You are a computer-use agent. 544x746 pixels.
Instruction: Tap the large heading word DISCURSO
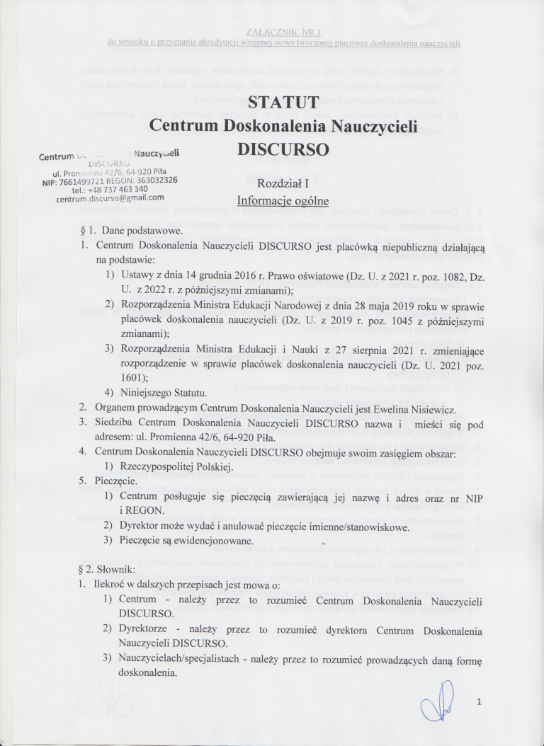[x=283, y=150]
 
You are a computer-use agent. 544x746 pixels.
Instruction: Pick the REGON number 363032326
[x=153, y=180]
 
